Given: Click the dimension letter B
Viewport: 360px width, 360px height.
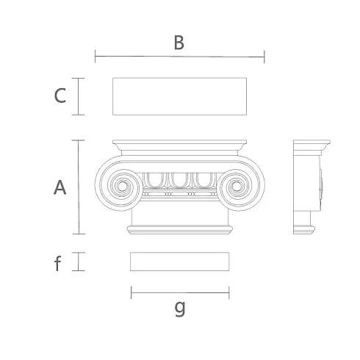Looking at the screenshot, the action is click(179, 43).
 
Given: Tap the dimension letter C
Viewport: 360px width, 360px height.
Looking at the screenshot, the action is click(60, 96).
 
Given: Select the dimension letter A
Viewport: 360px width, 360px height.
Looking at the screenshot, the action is click(60, 187).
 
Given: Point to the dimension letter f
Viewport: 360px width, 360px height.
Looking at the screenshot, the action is click(57, 263).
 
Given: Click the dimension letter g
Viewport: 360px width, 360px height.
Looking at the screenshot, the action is click(180, 309).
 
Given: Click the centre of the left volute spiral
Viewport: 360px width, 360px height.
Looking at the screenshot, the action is click(122, 186).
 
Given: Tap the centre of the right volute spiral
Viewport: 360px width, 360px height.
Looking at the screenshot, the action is click(237, 187).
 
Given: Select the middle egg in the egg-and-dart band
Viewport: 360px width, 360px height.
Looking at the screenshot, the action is click(180, 180).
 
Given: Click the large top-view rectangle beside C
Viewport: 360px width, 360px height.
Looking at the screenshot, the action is click(179, 96).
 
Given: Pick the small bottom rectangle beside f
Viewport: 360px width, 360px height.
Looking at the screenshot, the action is click(180, 262).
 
